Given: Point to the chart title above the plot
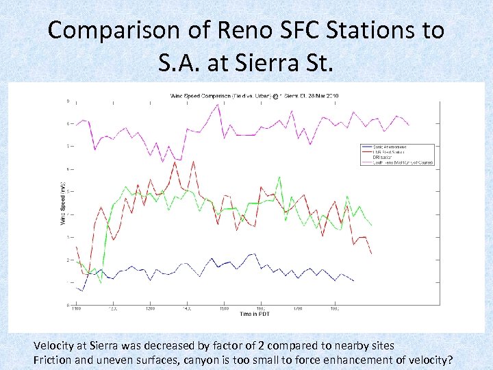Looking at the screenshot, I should coord(254,96).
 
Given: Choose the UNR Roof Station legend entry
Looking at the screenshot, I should coord(390,152).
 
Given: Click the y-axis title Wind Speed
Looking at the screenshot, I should coord(62,203).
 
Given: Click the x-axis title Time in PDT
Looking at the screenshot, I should coord(256,314).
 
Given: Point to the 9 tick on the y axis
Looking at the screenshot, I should coord(67,101).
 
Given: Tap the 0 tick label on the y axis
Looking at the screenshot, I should coord(67,305).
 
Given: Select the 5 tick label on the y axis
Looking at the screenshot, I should coord(67,192).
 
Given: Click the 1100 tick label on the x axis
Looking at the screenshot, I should coord(75,309).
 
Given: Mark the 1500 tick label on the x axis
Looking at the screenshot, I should coord(223,309).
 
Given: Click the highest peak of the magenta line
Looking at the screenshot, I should coord(218,105).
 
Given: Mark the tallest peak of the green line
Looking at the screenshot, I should coord(279,177).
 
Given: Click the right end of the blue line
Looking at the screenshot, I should coord(353,281).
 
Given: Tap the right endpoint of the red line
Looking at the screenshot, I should coord(372,254).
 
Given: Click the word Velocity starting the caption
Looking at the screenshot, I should coord(54,345).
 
